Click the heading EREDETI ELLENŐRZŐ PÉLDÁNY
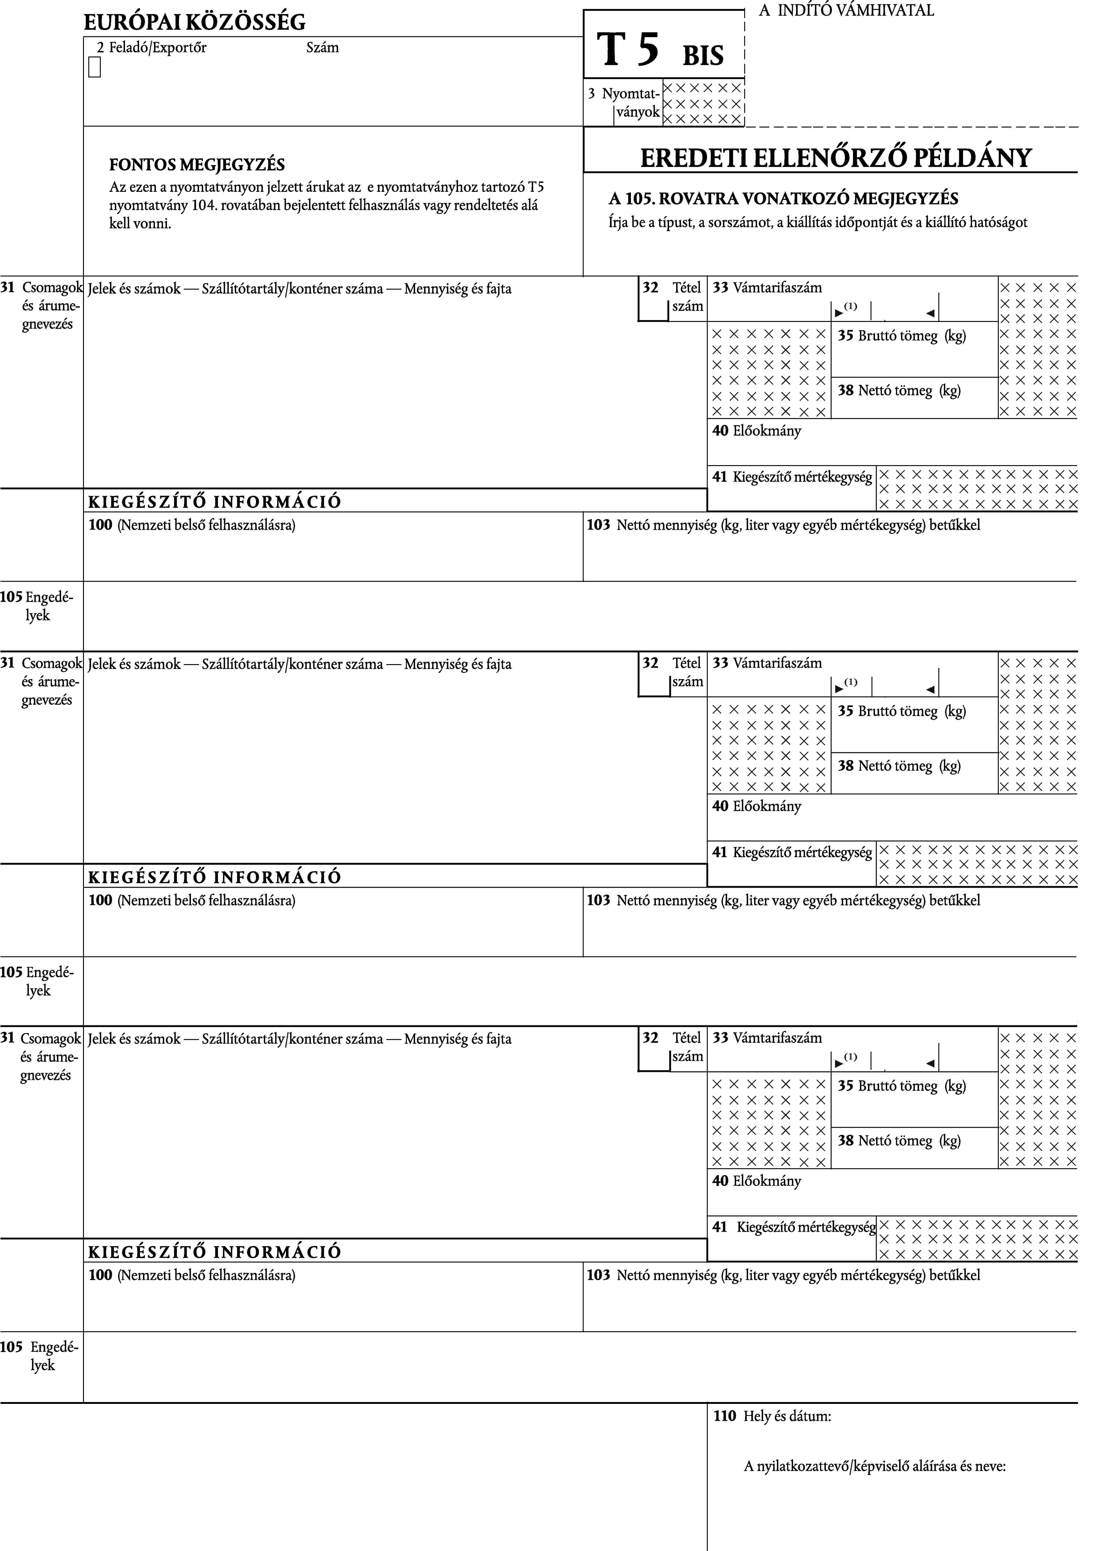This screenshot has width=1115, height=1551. (835, 158)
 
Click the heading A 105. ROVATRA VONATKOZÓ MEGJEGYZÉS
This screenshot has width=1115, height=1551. (783, 199)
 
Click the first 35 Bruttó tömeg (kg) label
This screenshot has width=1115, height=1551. (902, 336)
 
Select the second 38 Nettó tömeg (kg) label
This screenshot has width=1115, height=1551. (899, 766)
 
